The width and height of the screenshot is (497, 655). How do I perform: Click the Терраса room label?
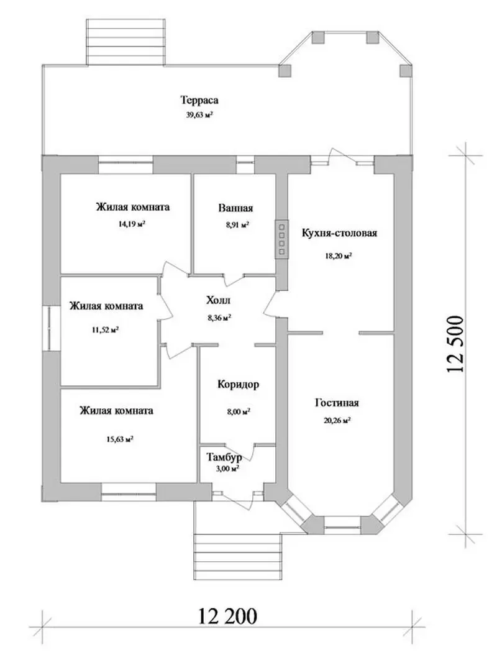(199, 100)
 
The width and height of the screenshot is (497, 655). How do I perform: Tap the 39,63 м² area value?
(199, 115)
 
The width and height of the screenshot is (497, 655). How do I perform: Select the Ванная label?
(235, 208)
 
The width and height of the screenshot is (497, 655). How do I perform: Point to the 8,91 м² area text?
(238, 224)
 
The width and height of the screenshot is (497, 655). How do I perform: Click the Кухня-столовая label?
(339, 233)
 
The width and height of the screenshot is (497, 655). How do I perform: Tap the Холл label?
(218, 300)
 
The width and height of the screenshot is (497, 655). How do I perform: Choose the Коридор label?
(238, 385)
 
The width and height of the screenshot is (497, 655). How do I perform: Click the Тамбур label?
(224, 457)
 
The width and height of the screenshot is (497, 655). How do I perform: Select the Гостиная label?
(337, 403)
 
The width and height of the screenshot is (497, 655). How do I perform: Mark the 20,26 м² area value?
(337, 421)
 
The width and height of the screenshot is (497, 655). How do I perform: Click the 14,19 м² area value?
(132, 224)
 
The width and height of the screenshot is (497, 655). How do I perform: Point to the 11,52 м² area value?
(105, 329)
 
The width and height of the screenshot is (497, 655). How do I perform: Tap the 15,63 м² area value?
(120, 439)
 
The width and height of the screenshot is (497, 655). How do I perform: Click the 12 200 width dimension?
(227, 616)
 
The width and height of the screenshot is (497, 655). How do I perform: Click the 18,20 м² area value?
(339, 256)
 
